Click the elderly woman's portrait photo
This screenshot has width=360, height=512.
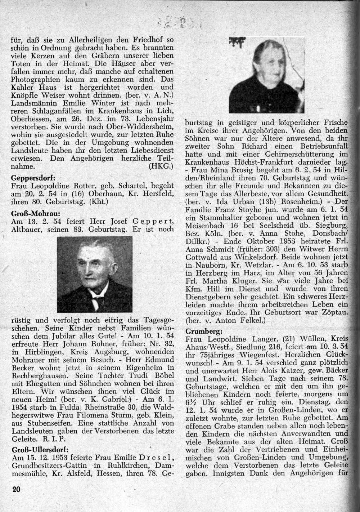point(267,75)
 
